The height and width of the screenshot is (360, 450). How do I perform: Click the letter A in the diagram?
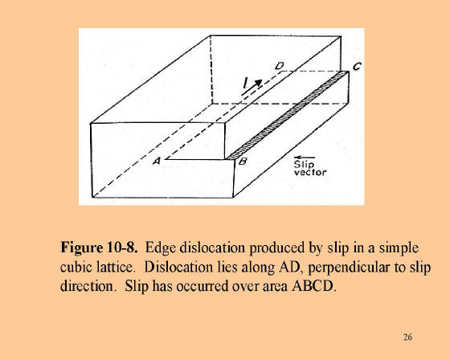pyautogui.click(x=157, y=161)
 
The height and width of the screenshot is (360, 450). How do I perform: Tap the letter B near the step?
pyautogui.click(x=243, y=162)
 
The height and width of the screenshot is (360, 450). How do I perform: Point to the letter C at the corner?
pyautogui.click(x=358, y=67)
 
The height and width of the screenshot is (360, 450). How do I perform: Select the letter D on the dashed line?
pyautogui.click(x=279, y=67)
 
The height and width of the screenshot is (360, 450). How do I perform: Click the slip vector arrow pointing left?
pyautogui.click(x=305, y=157)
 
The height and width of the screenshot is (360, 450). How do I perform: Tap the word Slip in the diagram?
pyautogui.click(x=305, y=165)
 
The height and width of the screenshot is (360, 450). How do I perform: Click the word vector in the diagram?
pyautogui.click(x=310, y=172)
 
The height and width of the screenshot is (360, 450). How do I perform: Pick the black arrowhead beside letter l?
pyautogui.click(x=258, y=84)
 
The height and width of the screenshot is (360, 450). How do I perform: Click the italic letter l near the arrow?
pyautogui.click(x=245, y=83)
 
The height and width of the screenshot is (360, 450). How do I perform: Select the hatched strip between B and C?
pyautogui.click(x=288, y=115)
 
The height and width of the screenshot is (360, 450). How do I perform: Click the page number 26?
pyautogui.click(x=407, y=337)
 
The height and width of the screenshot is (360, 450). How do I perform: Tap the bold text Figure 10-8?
pyautogui.click(x=99, y=247)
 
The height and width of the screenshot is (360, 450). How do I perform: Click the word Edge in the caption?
pyautogui.click(x=161, y=248)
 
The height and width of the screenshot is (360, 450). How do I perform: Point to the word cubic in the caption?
pyautogui.click(x=74, y=267)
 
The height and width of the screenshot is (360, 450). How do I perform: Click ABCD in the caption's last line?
pyautogui.click(x=313, y=286)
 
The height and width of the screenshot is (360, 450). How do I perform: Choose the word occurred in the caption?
pyautogui.click(x=202, y=286)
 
